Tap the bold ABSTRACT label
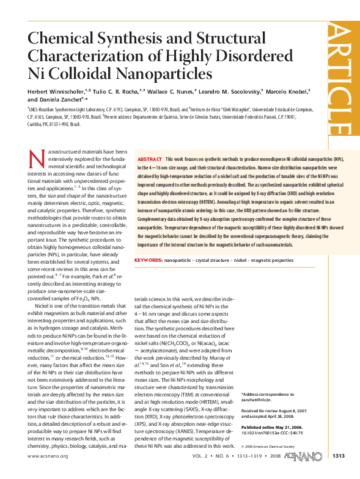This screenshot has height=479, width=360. [x=149, y=158]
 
